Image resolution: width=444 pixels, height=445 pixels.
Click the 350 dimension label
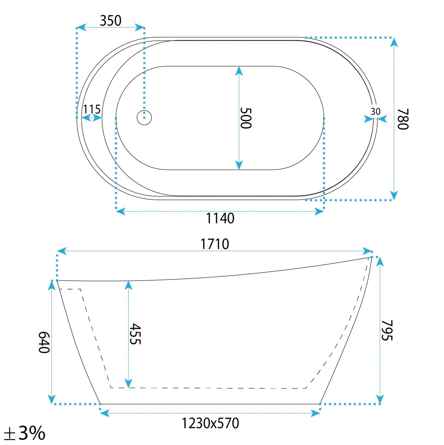tap(110, 21)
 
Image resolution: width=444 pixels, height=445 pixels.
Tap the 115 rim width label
tap(92, 109)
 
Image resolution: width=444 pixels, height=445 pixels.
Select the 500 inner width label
tap(246, 118)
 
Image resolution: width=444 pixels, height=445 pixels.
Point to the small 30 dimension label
tap(376, 111)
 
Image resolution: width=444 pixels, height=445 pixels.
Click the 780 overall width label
tap(403, 119)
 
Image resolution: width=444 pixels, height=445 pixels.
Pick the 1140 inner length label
tap(220, 218)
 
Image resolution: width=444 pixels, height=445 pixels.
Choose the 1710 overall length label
tap(215, 244)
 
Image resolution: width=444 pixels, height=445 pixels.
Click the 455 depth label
tap(135, 334)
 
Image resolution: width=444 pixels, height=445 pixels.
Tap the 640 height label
tap(44, 342)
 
